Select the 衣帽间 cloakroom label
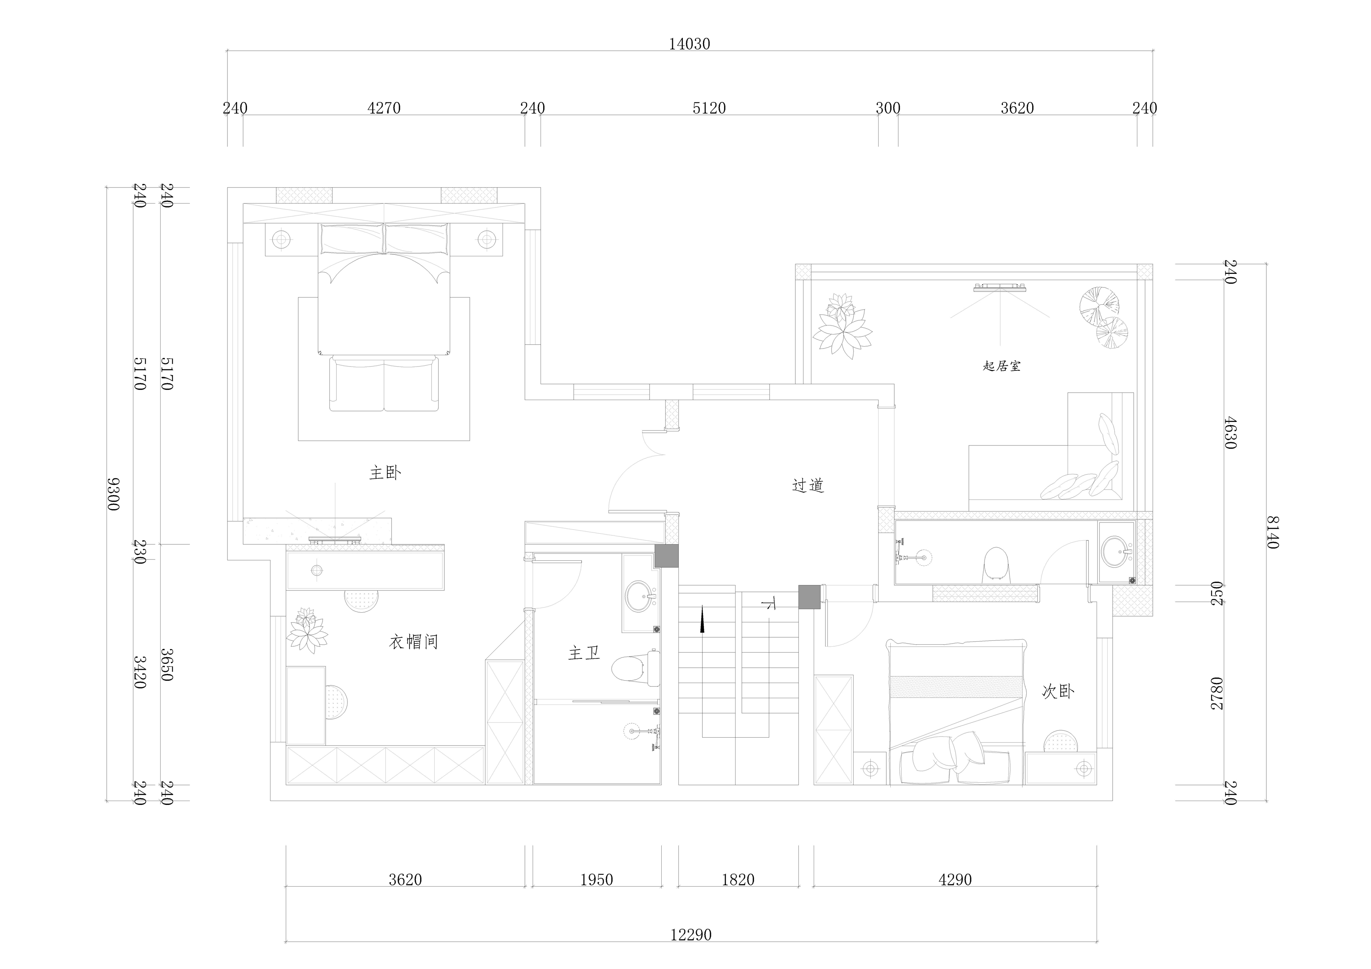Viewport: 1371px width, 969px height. (414, 642)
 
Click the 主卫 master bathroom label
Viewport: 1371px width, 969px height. (584, 653)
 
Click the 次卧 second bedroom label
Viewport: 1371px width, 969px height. (1058, 691)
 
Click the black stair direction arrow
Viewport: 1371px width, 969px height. (702, 619)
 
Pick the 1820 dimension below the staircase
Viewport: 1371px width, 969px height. (738, 880)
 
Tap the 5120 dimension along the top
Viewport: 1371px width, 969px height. (709, 108)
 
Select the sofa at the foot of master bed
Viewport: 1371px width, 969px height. (384, 384)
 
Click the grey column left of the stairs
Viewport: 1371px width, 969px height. (666, 556)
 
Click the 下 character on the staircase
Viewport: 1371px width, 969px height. (769, 604)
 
